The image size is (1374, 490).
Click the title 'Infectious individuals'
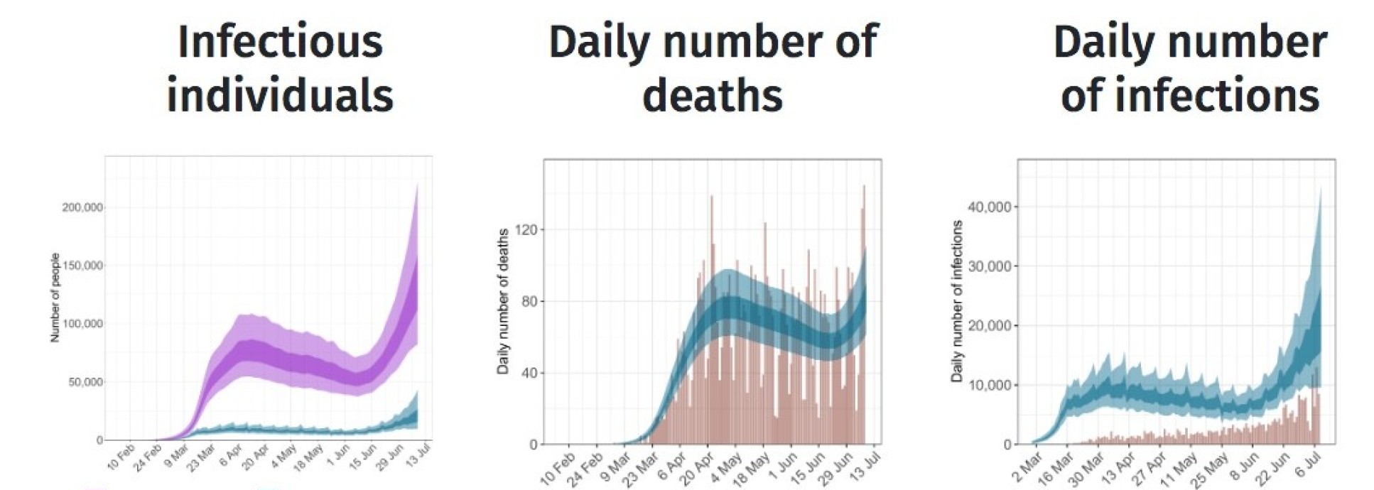(279, 68)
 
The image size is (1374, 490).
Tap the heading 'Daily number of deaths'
(713, 68)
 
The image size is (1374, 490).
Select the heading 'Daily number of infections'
(1190, 68)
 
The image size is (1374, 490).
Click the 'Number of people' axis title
(55, 298)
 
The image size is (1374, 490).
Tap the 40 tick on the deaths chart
(529, 373)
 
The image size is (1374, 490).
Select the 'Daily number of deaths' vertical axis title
(503, 301)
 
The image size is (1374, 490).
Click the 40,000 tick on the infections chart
(989, 207)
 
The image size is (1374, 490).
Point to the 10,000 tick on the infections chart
(989, 385)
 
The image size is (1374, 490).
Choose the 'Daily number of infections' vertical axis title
(956, 301)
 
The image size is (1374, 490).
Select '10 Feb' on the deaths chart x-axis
(558, 467)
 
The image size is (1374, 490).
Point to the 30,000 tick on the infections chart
(989, 266)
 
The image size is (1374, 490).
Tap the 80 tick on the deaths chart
(529, 301)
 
